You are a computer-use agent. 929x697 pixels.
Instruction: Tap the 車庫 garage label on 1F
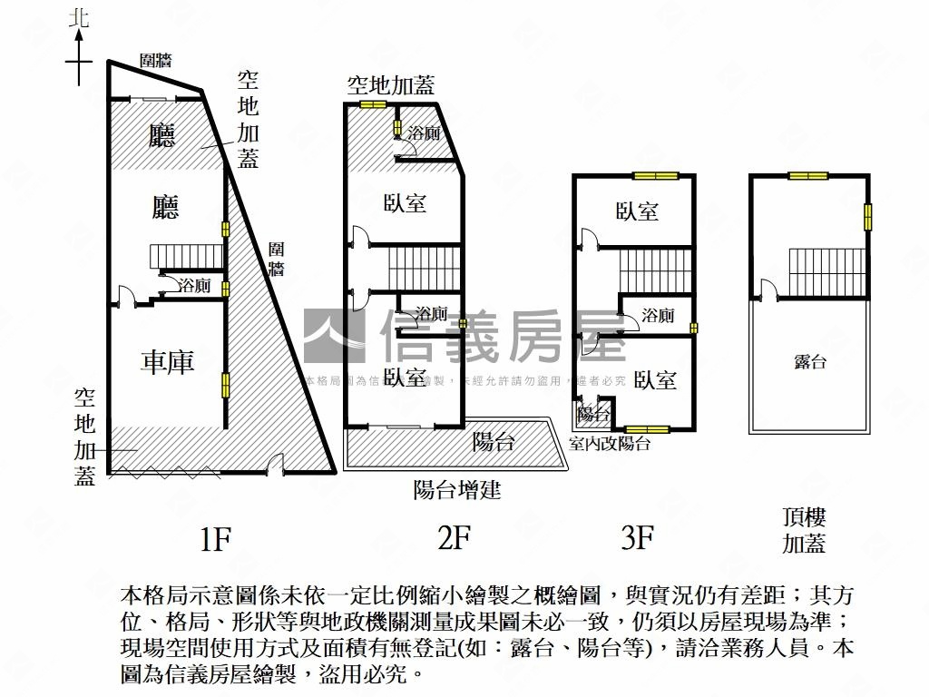click(x=168, y=363)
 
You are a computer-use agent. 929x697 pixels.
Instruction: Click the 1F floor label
click(x=215, y=540)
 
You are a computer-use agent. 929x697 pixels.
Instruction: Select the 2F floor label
click(x=454, y=539)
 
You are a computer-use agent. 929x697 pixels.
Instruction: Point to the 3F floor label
click(x=638, y=539)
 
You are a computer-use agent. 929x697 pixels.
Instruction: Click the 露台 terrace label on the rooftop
click(x=810, y=362)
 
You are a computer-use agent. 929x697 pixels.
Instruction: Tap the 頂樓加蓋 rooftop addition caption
click(x=804, y=531)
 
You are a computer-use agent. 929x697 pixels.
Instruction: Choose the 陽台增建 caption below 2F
click(x=457, y=491)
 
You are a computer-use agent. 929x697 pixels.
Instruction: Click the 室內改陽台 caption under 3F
click(x=610, y=444)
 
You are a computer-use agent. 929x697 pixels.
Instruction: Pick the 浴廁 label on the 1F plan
click(x=193, y=285)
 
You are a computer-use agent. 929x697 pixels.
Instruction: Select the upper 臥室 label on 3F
click(x=637, y=211)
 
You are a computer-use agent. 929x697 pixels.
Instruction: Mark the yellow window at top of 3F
click(x=655, y=175)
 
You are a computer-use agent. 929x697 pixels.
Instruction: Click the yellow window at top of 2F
click(x=372, y=104)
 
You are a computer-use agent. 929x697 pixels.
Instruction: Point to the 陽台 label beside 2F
click(x=494, y=442)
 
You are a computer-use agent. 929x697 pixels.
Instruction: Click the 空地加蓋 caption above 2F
click(x=391, y=86)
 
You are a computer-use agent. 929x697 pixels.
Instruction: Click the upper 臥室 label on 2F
click(x=406, y=202)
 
